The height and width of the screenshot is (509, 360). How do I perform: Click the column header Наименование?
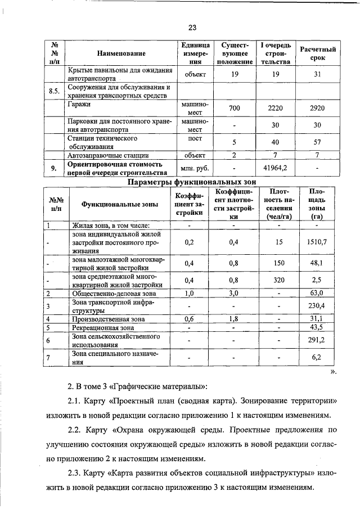(121, 53)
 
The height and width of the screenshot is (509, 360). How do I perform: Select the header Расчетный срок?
(317, 53)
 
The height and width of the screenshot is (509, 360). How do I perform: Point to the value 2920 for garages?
(317, 107)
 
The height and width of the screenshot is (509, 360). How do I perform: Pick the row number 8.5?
(55, 92)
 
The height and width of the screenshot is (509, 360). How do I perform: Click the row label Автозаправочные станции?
(107, 155)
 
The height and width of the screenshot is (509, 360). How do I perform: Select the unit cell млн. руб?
(195, 168)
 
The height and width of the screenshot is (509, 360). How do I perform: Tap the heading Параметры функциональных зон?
(192, 182)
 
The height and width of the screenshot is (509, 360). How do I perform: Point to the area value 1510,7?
(317, 242)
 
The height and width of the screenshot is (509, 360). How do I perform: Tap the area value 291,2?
(317, 340)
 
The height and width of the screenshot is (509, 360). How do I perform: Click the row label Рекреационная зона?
(102, 327)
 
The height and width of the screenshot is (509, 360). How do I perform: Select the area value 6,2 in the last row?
(317, 357)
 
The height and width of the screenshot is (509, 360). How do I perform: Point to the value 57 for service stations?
(317, 142)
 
